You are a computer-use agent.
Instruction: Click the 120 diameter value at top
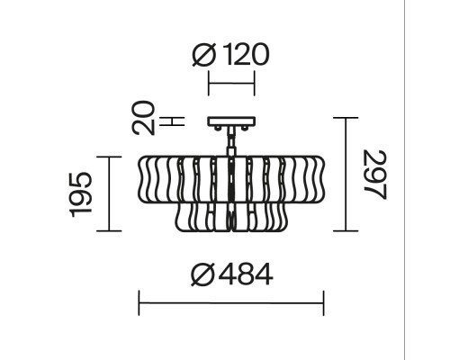click(247, 54)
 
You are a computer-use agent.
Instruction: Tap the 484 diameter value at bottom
click(246, 274)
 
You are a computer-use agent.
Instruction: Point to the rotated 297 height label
click(375, 175)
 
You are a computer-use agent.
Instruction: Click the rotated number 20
click(143, 118)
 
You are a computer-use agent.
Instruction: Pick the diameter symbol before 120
click(204, 55)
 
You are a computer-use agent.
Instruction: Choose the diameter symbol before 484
click(203, 274)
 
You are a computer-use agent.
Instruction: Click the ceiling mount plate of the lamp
click(231, 121)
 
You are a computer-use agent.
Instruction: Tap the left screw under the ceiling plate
click(218, 128)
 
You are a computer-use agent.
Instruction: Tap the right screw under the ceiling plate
click(245, 128)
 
